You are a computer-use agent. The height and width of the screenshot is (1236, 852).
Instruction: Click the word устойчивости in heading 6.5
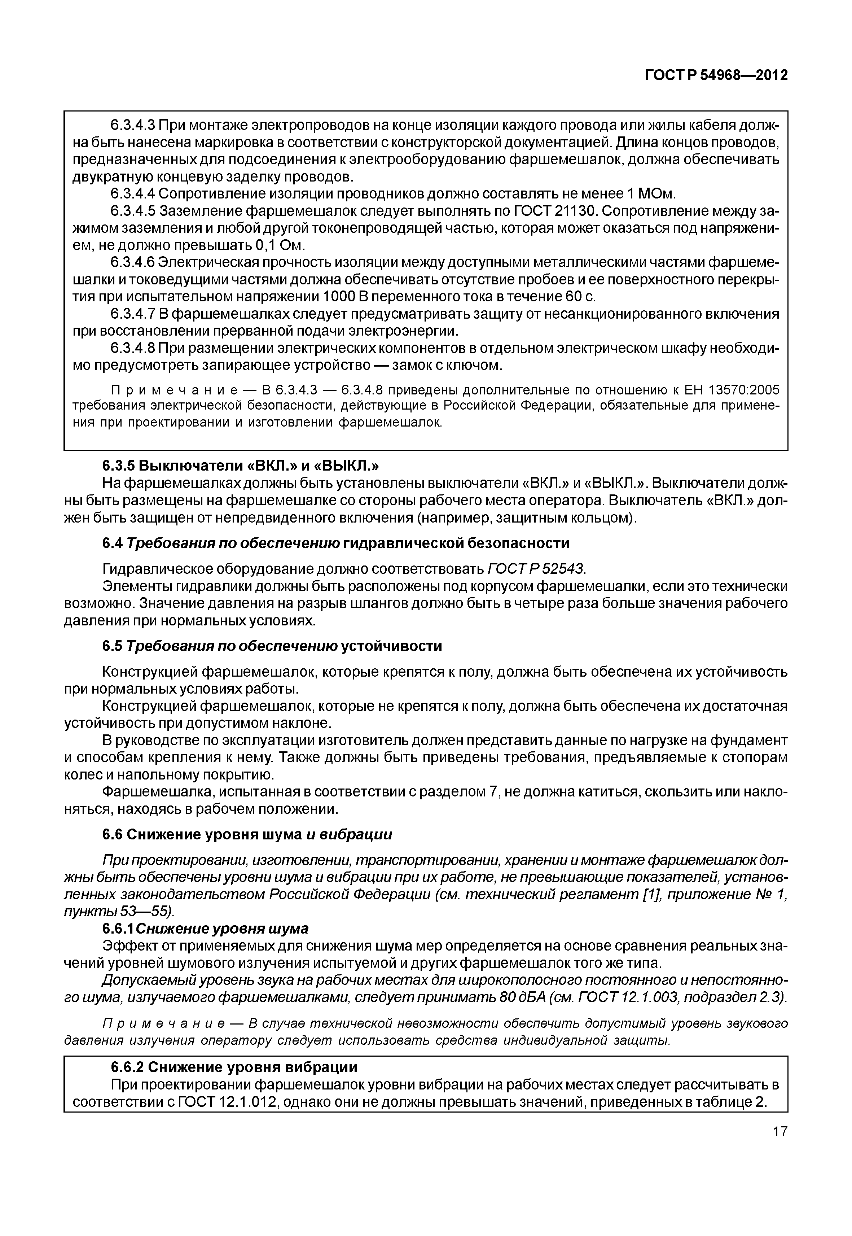click(391, 646)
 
